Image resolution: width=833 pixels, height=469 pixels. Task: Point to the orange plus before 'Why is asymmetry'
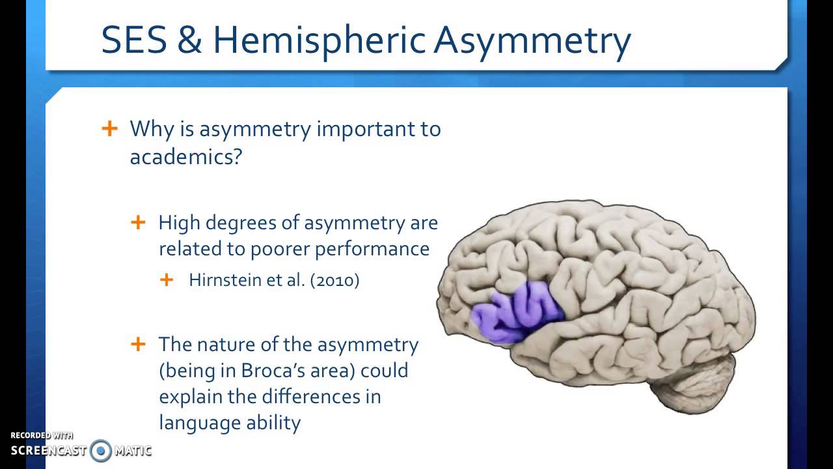point(110,128)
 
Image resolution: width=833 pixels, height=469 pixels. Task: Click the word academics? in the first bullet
point(186,157)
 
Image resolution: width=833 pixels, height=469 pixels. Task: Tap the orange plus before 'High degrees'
point(138,222)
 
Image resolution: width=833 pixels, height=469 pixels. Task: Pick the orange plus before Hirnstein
point(167,279)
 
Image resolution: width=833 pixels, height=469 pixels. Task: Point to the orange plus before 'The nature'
point(138,343)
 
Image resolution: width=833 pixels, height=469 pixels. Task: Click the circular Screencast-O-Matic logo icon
point(101,450)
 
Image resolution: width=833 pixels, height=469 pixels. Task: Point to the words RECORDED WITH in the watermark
point(42,435)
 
